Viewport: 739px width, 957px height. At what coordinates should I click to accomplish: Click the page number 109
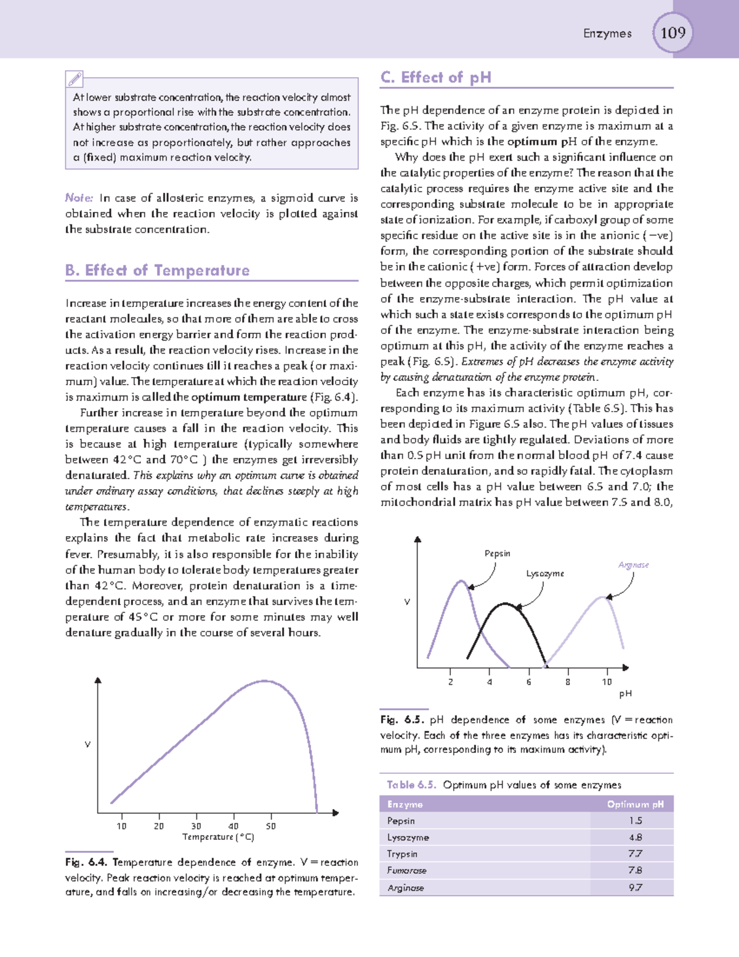click(x=672, y=33)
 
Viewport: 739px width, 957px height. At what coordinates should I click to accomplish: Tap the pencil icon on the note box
click(x=75, y=79)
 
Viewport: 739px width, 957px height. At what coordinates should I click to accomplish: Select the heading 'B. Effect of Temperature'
click(x=157, y=271)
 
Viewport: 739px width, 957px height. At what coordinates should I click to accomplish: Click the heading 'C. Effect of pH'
click(x=436, y=77)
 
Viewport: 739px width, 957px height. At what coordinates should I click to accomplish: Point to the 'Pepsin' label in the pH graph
click(x=497, y=553)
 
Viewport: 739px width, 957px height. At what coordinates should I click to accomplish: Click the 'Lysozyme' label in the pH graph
click(x=544, y=573)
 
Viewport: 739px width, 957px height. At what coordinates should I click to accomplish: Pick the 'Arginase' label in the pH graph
click(x=633, y=564)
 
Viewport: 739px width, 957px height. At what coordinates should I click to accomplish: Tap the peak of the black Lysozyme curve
click(x=505, y=604)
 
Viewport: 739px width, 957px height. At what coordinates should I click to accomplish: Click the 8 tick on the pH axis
click(x=567, y=682)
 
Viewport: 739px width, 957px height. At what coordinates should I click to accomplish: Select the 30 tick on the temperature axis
click(x=196, y=826)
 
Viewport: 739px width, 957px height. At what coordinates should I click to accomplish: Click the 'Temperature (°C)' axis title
click(x=218, y=837)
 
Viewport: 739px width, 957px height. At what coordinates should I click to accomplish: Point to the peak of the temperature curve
click(x=265, y=681)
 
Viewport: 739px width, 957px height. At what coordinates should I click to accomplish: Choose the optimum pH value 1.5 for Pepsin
click(x=635, y=821)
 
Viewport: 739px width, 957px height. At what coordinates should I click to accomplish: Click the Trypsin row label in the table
click(x=402, y=854)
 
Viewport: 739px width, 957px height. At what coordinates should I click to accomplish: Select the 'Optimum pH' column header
click(x=635, y=804)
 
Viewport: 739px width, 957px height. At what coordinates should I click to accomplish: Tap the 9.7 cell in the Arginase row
click(x=635, y=887)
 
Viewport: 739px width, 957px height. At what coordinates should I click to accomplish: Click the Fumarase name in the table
click(x=406, y=871)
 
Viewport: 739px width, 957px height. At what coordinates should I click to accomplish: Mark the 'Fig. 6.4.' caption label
click(x=86, y=862)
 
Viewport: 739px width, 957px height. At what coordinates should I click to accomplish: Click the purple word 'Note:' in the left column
click(x=79, y=198)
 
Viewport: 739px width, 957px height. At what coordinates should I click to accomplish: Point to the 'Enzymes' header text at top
click(x=607, y=33)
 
